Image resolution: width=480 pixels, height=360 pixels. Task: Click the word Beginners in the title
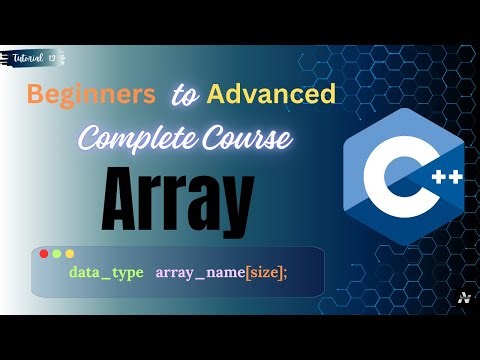click(x=90, y=96)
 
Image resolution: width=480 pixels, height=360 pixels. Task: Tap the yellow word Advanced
click(x=269, y=96)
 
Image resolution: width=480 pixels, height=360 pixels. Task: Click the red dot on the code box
click(x=44, y=254)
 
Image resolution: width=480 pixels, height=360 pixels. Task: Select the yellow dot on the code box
click(x=70, y=254)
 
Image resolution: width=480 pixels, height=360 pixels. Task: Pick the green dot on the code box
click(x=57, y=254)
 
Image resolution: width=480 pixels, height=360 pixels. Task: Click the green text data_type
click(x=106, y=273)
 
